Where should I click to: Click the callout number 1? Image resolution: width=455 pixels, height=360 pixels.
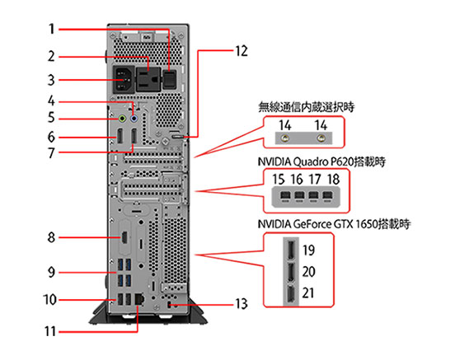click(x=51, y=29)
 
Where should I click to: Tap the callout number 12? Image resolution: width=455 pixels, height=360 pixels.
click(x=242, y=51)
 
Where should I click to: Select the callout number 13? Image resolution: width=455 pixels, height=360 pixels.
click(x=242, y=304)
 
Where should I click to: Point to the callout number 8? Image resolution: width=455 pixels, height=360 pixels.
click(x=51, y=237)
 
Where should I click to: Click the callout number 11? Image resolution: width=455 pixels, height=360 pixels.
click(x=50, y=331)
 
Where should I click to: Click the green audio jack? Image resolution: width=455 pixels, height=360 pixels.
click(x=123, y=119)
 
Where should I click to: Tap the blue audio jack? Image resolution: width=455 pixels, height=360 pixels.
click(x=134, y=119)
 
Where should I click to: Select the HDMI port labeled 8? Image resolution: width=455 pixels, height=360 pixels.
click(x=124, y=237)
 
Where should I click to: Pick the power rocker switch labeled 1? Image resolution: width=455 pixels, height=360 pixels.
click(x=169, y=79)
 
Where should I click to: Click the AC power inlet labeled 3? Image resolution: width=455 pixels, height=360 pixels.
click(x=124, y=79)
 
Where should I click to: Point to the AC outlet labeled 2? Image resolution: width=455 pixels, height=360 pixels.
click(x=148, y=79)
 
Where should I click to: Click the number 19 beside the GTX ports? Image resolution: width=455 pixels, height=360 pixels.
click(x=308, y=250)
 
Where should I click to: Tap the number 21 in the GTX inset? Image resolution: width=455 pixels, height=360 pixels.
click(x=308, y=293)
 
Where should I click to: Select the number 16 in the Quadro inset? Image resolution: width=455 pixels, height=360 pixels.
click(x=297, y=179)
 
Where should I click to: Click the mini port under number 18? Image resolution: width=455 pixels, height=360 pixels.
click(x=327, y=196)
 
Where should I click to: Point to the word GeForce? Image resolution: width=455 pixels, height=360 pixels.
click(x=312, y=224)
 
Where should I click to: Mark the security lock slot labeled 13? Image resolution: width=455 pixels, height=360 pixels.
click(x=170, y=305)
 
